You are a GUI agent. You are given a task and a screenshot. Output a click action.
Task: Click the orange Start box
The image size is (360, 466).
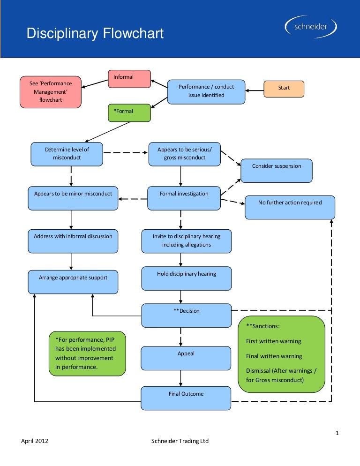[x=284, y=89]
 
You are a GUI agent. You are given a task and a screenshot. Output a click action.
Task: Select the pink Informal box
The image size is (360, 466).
[x=129, y=79]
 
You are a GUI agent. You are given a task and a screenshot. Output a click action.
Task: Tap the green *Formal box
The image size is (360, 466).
[x=129, y=113]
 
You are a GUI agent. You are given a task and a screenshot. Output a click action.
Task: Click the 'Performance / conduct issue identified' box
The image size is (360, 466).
[x=206, y=91]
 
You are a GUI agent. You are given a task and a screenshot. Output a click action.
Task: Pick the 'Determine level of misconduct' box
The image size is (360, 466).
[x=67, y=154]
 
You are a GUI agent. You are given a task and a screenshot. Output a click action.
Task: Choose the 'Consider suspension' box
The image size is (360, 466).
[x=277, y=171]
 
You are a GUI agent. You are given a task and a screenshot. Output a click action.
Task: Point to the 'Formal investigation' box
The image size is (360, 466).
[x=184, y=198]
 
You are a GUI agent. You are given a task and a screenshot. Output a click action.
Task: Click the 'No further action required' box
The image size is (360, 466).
[x=290, y=207]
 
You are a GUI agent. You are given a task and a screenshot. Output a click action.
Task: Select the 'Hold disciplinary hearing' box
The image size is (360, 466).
[x=187, y=278]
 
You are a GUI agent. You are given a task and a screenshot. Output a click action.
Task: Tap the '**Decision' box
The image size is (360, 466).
[x=187, y=315]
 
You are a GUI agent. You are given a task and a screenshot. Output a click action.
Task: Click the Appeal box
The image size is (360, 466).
[x=186, y=358]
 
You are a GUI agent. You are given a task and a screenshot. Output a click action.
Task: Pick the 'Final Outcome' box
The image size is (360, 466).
[x=186, y=398]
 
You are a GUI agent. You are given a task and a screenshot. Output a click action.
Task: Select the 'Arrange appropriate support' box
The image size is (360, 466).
[x=73, y=282]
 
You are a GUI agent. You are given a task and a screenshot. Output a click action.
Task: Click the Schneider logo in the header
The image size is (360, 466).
[x=311, y=28]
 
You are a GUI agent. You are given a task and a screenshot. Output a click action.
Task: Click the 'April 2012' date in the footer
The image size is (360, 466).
[x=35, y=441]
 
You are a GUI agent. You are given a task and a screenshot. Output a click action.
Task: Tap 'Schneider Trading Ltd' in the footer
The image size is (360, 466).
[x=180, y=441]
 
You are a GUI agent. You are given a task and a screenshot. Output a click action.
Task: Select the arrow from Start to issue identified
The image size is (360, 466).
[x=255, y=90]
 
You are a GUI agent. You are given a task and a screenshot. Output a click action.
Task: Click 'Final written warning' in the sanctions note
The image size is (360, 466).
[x=274, y=356]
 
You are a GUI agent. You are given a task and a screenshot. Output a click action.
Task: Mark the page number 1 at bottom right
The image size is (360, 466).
[x=337, y=433]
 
